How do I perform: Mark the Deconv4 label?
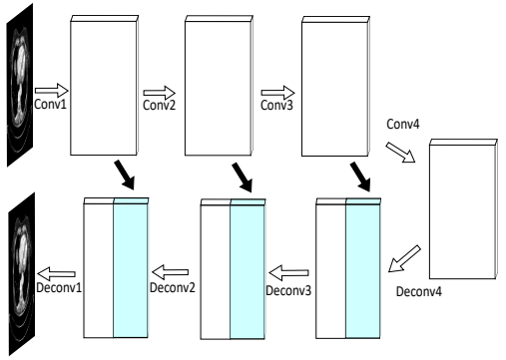(418, 294)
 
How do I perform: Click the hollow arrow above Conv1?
(50, 90)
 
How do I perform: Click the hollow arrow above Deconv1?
(58, 271)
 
